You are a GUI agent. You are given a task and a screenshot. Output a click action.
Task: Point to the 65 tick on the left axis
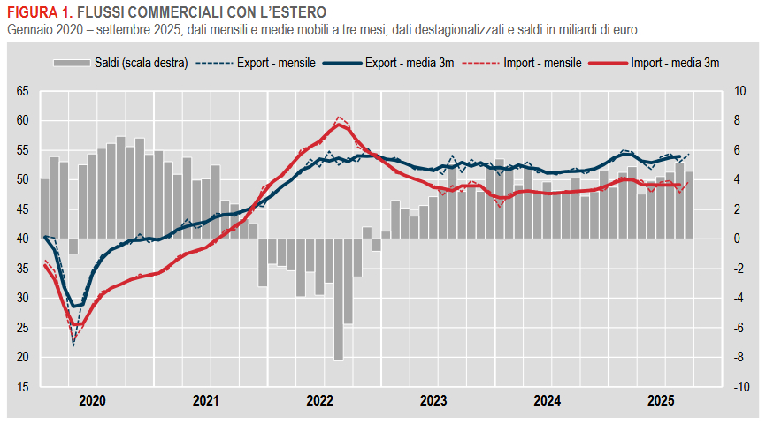[x=22, y=91]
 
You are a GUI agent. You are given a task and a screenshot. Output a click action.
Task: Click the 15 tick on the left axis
[x=22, y=387]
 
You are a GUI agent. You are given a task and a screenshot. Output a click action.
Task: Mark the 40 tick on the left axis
[x=22, y=239]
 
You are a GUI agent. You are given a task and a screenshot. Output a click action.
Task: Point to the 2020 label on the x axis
[x=92, y=400]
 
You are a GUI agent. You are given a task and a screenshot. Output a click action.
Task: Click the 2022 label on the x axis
[x=319, y=400]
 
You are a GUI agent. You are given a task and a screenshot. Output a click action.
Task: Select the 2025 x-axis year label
[x=661, y=400]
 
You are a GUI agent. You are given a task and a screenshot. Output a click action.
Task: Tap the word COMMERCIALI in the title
[x=172, y=13]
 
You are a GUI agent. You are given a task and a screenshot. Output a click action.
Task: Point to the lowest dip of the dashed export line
[x=73, y=345]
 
